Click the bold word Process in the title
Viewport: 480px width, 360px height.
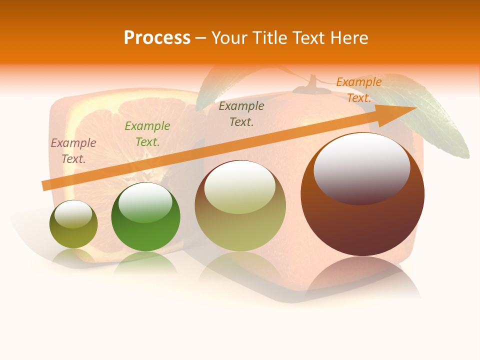pos(157,38)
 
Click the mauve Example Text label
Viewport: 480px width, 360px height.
pos(73,151)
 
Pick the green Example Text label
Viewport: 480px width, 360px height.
pos(147,134)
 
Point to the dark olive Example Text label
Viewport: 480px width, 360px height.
pos(241,114)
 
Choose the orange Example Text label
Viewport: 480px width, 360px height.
pos(359,90)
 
